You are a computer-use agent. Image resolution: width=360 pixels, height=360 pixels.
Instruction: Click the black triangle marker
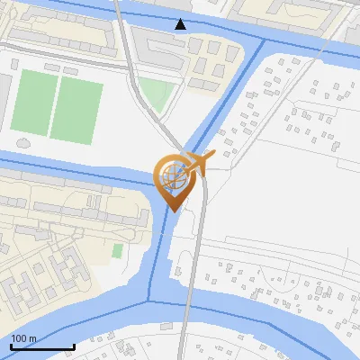181,24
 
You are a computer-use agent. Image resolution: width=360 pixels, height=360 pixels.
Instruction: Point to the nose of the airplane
214,155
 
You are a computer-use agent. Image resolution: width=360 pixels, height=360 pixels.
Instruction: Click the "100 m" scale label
24,338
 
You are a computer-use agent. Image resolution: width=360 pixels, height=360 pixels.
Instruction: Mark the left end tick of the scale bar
11,346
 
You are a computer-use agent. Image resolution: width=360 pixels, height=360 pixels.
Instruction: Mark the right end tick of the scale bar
74,346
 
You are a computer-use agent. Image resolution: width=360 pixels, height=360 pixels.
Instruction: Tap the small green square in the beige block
117,249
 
